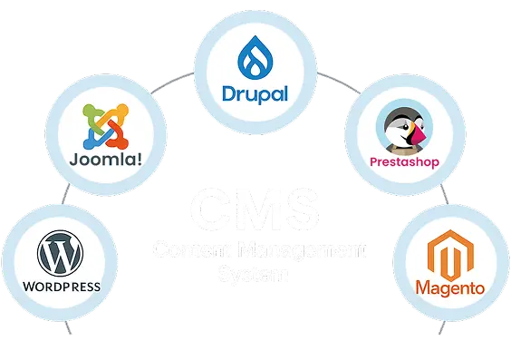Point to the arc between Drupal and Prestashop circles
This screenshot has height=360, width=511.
pos(339,83)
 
